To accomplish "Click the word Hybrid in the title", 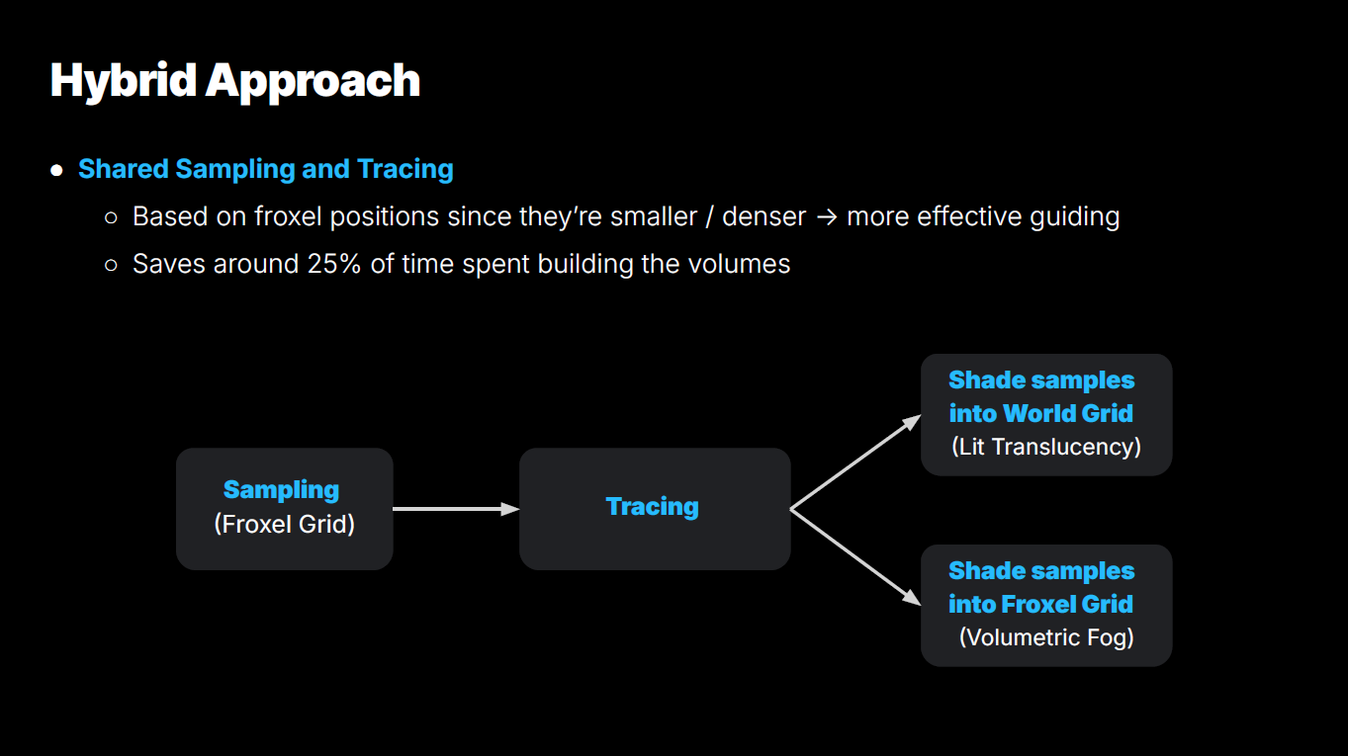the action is [124, 81].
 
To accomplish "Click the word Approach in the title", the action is [313, 82].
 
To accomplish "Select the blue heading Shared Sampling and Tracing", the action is [265, 169].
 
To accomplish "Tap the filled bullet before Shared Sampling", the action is [57, 170].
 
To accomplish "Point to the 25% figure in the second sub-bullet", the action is [334, 264].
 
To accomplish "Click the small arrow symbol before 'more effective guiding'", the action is [827, 217].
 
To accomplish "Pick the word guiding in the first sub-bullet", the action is [1075, 217].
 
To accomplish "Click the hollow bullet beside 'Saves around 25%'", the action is [111, 265].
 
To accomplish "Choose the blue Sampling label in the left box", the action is [281, 490].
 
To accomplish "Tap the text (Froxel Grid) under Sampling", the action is [285, 524].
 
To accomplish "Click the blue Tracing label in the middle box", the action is [653, 507].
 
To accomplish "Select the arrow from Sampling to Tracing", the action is [456, 509].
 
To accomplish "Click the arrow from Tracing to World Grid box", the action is [855, 462].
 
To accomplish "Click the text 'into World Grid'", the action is [1041, 413].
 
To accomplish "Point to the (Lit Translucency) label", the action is [1046, 447].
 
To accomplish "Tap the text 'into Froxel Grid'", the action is [1041, 604].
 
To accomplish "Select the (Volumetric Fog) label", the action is [1046, 637].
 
